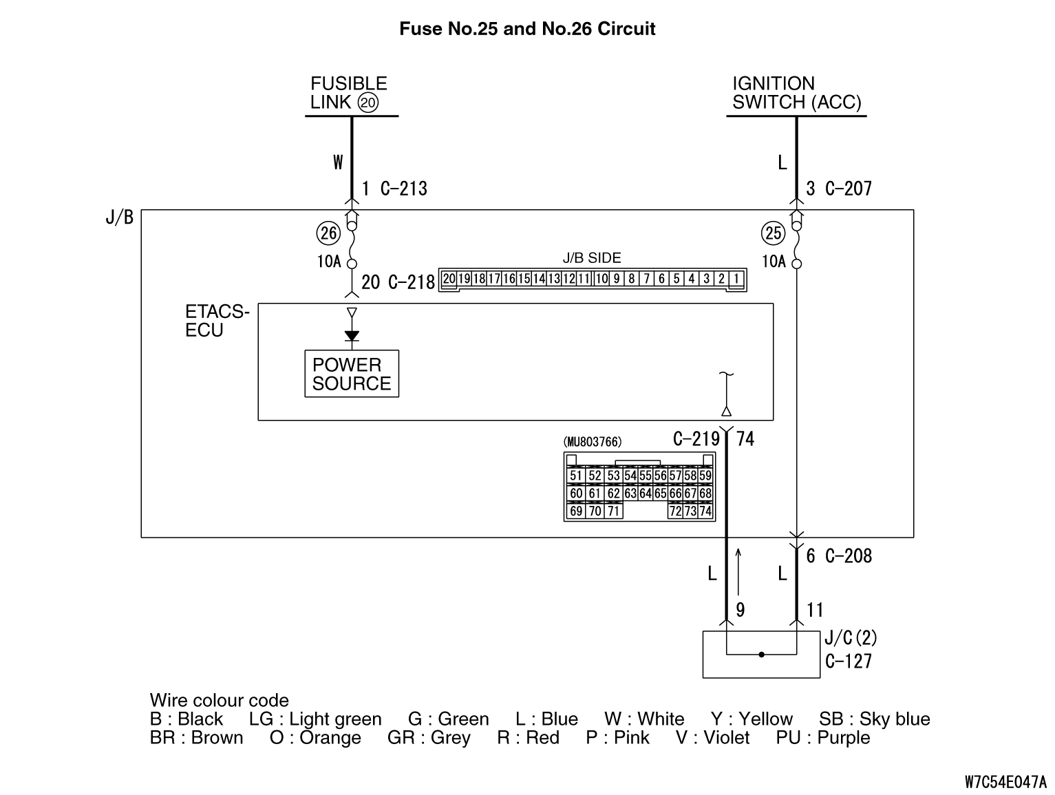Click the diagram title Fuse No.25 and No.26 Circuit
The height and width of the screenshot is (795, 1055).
pyautogui.click(x=527, y=29)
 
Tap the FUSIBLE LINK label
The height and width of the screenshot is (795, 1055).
pyautogui.click(x=348, y=93)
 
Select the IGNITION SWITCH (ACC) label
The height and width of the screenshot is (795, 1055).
pyautogui.click(x=796, y=93)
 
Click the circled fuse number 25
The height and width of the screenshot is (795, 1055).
pyautogui.click(x=774, y=233)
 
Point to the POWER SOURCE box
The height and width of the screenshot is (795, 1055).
pyautogui.click(x=352, y=374)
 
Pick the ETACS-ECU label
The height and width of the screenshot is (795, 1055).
pyautogui.click(x=217, y=321)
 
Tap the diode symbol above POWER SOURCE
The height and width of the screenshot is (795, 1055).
pyautogui.click(x=352, y=336)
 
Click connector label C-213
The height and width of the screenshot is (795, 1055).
pyautogui.click(x=404, y=189)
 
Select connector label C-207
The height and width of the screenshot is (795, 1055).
pyautogui.click(x=849, y=189)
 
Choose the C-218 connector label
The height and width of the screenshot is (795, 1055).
pyautogui.click(x=412, y=282)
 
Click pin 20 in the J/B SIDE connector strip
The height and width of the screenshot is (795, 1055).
pyautogui.click(x=449, y=279)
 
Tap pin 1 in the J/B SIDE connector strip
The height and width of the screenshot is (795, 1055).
pyautogui.click(x=736, y=279)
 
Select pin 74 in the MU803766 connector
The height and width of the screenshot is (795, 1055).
pyautogui.click(x=705, y=511)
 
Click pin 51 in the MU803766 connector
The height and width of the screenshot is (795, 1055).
pyautogui.click(x=576, y=476)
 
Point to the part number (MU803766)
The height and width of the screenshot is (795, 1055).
pyautogui.click(x=592, y=441)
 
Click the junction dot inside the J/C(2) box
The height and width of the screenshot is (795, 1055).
pyautogui.click(x=761, y=654)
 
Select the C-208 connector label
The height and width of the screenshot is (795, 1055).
pyautogui.click(x=849, y=555)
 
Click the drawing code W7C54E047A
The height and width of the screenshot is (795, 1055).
pyautogui.click(x=1005, y=782)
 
